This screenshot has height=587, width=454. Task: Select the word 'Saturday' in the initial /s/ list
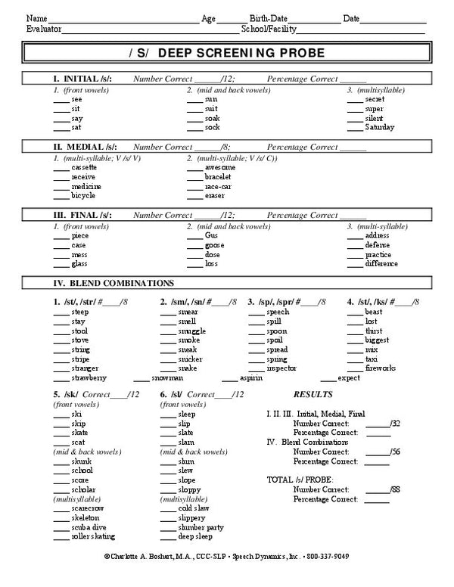[x=379, y=127]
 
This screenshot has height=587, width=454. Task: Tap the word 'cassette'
[x=83, y=167]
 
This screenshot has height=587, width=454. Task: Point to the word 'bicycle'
[x=82, y=196]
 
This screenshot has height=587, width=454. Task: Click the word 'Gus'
[x=211, y=235]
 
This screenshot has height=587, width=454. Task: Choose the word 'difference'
[x=381, y=264]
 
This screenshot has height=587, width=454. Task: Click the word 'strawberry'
[x=89, y=377]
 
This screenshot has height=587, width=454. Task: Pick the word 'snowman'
[x=166, y=377]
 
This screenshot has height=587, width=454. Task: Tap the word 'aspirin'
[x=251, y=377]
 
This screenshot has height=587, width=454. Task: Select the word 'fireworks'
[x=380, y=368]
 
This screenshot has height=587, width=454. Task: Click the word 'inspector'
[x=281, y=368]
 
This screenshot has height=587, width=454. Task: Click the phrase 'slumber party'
[x=201, y=527]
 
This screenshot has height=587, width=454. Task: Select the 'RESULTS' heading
[x=312, y=395]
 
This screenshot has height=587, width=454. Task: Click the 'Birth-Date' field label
[x=269, y=17]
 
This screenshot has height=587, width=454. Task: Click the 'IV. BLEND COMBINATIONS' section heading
[x=113, y=283]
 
